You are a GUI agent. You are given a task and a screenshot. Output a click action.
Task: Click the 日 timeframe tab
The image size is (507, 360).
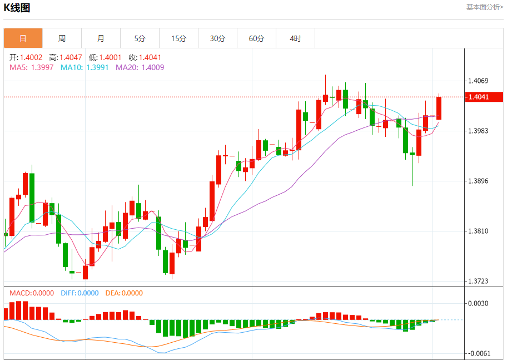(23, 38)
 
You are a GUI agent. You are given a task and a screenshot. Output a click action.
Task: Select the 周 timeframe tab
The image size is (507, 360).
(62, 38)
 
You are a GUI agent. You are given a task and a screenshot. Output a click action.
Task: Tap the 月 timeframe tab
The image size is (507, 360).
(101, 38)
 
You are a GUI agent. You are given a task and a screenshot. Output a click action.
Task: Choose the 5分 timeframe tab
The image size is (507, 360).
(140, 38)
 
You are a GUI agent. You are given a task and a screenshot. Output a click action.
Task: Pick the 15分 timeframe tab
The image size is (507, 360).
(178, 38)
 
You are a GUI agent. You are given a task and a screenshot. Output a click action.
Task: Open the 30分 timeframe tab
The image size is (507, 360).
(218, 38)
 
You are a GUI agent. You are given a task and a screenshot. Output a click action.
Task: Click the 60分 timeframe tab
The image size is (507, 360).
(257, 38)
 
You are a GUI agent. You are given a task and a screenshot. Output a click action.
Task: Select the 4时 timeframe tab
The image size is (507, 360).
(295, 38)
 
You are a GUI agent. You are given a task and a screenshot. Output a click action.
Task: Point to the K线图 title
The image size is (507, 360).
(17, 8)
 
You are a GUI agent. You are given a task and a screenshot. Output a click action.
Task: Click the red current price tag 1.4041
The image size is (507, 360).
(484, 97)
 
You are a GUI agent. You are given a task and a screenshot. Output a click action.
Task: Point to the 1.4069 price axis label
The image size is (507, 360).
(478, 81)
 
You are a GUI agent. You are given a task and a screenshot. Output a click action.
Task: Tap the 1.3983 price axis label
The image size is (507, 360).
(478, 131)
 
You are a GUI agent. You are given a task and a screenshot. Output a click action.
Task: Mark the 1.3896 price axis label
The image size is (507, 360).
(478, 181)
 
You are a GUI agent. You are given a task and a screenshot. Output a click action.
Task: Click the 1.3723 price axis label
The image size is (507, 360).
(478, 281)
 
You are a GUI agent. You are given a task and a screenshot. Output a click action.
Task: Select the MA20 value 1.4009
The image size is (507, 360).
(152, 67)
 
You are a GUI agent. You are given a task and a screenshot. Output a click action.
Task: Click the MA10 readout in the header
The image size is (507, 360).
(86, 67)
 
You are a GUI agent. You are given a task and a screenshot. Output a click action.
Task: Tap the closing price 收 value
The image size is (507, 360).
(150, 57)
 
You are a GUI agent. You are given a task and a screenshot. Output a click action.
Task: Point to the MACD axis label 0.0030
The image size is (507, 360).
(478, 303)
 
